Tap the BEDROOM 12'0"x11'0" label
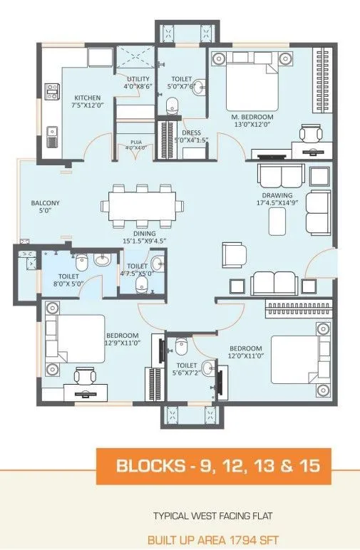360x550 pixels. (x=245, y=352)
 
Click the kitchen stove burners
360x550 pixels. (x=52, y=90)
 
